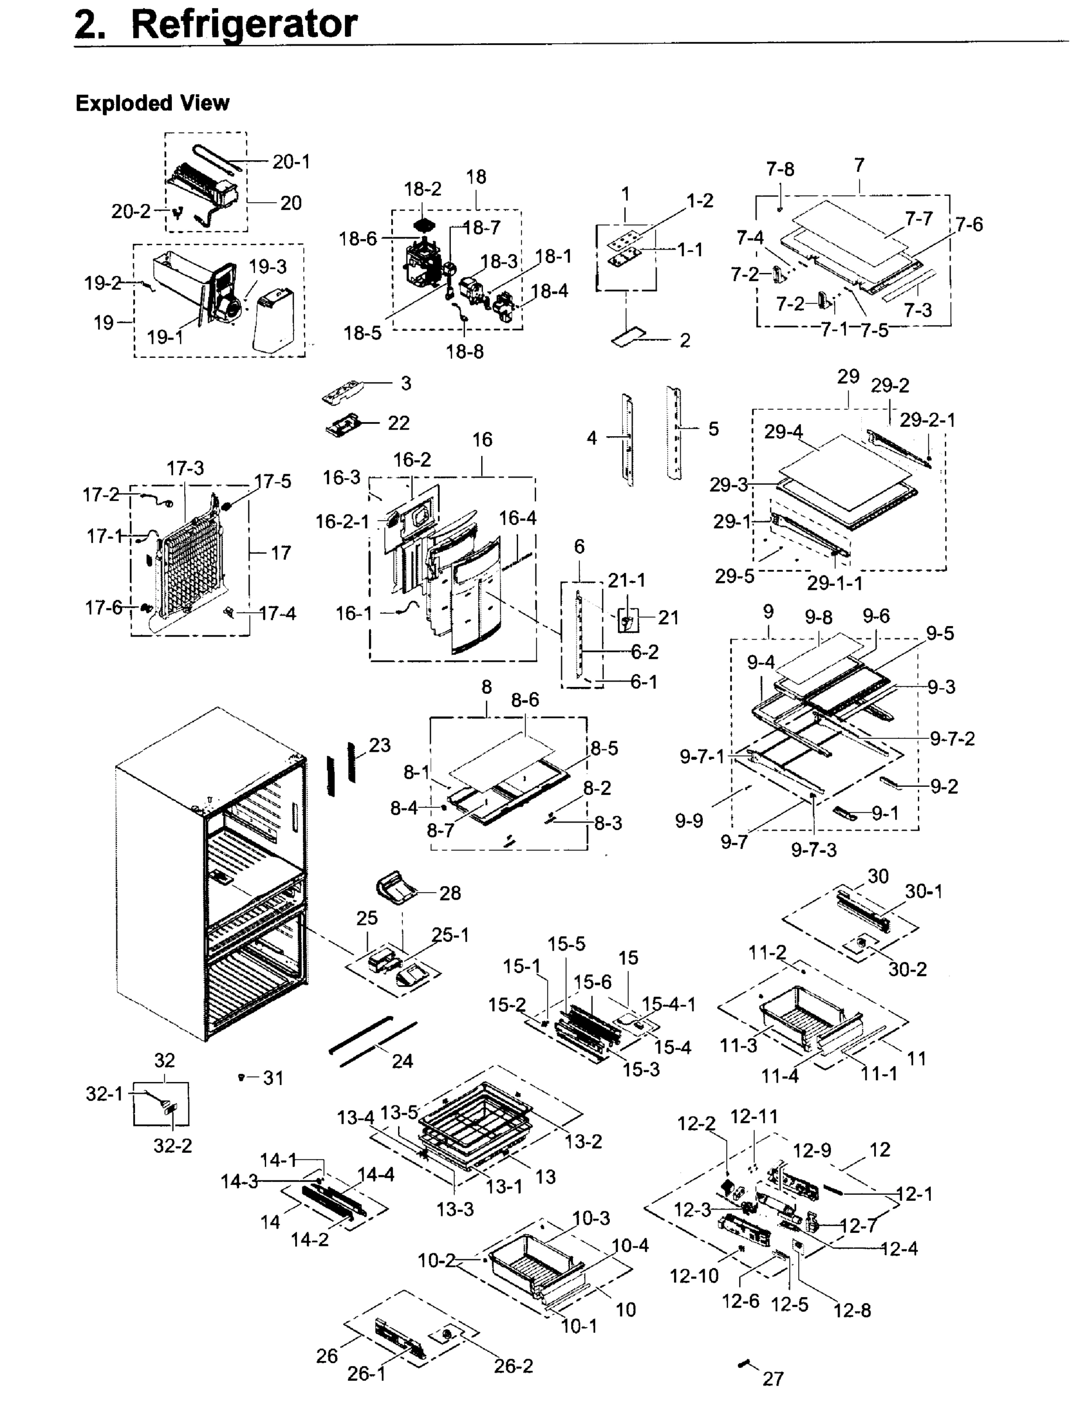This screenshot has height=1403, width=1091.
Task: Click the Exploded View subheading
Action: (152, 103)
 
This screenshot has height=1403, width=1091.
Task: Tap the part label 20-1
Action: (291, 162)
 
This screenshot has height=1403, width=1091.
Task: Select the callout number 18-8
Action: (465, 351)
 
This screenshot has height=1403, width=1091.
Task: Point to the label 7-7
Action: (919, 219)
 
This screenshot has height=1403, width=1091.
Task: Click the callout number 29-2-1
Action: (927, 420)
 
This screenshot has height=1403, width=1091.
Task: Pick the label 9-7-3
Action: (813, 850)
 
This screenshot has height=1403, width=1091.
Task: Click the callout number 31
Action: (273, 1079)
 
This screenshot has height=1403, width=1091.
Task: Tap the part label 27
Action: (773, 1378)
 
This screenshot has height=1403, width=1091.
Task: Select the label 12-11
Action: (754, 1117)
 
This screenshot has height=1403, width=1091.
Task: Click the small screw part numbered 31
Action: (241, 1077)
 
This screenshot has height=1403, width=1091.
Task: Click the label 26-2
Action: (513, 1366)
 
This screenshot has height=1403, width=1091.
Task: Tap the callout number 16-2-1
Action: (342, 521)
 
